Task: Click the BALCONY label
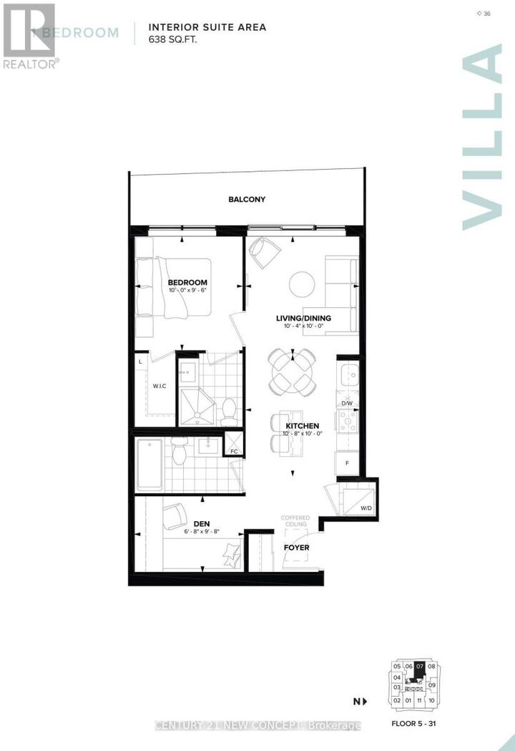tap(247, 199)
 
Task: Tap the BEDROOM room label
tap(187, 282)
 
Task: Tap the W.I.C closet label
tap(160, 386)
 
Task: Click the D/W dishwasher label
tap(346, 403)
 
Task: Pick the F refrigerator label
tap(348, 463)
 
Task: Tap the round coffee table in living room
tap(302, 284)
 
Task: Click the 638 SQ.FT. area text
tap(172, 39)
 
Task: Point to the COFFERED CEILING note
tap(294, 520)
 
